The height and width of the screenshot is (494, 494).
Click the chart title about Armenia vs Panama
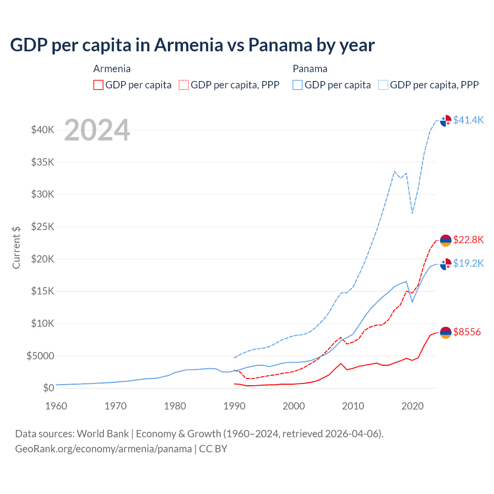coord(192,45)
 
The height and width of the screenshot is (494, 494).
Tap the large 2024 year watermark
coord(97,130)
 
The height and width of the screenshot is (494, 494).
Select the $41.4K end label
coord(468,120)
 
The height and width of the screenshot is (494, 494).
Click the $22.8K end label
coord(468,240)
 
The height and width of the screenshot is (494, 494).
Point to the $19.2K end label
coord(468,263)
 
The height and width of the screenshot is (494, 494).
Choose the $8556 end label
coord(467,332)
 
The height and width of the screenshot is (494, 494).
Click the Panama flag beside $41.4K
coord(446,120)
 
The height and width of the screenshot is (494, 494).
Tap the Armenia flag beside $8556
coord(446,332)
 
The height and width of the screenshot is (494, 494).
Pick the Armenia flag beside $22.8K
coord(446,240)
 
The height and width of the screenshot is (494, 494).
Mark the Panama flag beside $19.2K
coord(446,264)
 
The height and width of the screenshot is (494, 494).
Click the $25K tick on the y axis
coord(43,227)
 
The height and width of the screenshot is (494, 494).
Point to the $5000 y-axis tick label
coord(41,356)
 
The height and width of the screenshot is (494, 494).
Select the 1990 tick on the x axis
coord(234,406)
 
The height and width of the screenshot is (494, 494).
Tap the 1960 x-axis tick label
coord(56,406)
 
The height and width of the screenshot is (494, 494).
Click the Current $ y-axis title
coord(16,247)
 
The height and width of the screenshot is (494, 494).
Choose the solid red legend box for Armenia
coord(98,85)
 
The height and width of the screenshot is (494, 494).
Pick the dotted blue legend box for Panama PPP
coord(383,85)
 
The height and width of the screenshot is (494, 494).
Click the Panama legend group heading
coord(310,69)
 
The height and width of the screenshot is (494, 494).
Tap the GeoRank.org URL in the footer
coord(103,449)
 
